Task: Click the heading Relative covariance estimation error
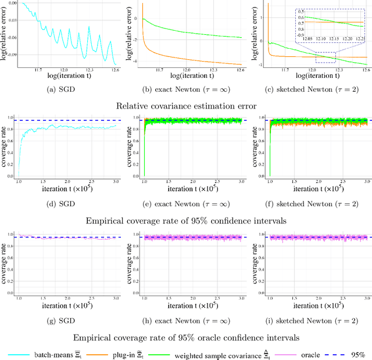click(x=185, y=106)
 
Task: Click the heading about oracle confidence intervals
click(x=185, y=336)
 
